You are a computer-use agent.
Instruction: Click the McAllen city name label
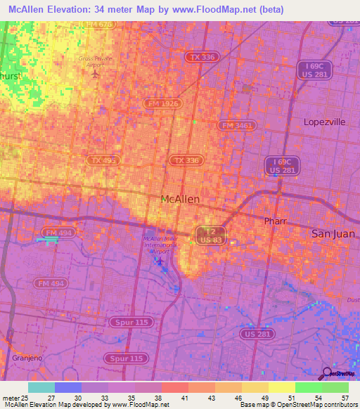(180, 200)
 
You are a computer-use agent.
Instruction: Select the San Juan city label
(333, 233)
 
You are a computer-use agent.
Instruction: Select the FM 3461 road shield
(236, 126)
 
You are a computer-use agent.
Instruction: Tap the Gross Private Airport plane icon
(96, 73)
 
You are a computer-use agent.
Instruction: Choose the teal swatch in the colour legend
(41, 387)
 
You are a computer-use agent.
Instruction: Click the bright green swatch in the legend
(308, 387)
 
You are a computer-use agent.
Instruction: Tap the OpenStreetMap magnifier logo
(326, 374)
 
